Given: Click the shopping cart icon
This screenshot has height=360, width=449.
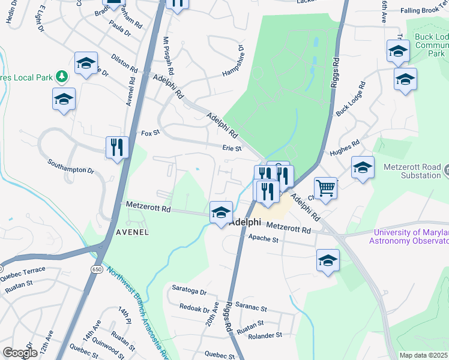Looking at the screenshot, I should tap(325, 188).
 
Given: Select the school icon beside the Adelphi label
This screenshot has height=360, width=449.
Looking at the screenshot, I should tap(221, 213).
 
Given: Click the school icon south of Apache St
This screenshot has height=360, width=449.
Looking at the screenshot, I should tap(328, 260).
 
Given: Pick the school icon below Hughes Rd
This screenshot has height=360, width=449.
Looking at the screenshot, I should tap(363, 168).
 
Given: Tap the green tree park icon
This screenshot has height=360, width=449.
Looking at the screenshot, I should tap(61, 76).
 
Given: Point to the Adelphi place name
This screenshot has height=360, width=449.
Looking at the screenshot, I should tap(247, 221).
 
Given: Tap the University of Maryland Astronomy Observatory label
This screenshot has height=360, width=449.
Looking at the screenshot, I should tap(412, 236).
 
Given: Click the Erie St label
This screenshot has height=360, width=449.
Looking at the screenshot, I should tap(232, 148).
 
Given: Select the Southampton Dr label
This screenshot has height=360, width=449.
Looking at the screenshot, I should tap(71, 166).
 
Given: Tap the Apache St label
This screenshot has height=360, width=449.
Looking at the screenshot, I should tap(264, 239).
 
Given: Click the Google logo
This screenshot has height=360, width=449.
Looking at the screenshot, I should tap(20, 352).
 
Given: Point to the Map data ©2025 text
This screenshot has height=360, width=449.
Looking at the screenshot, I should tap(423, 355).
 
